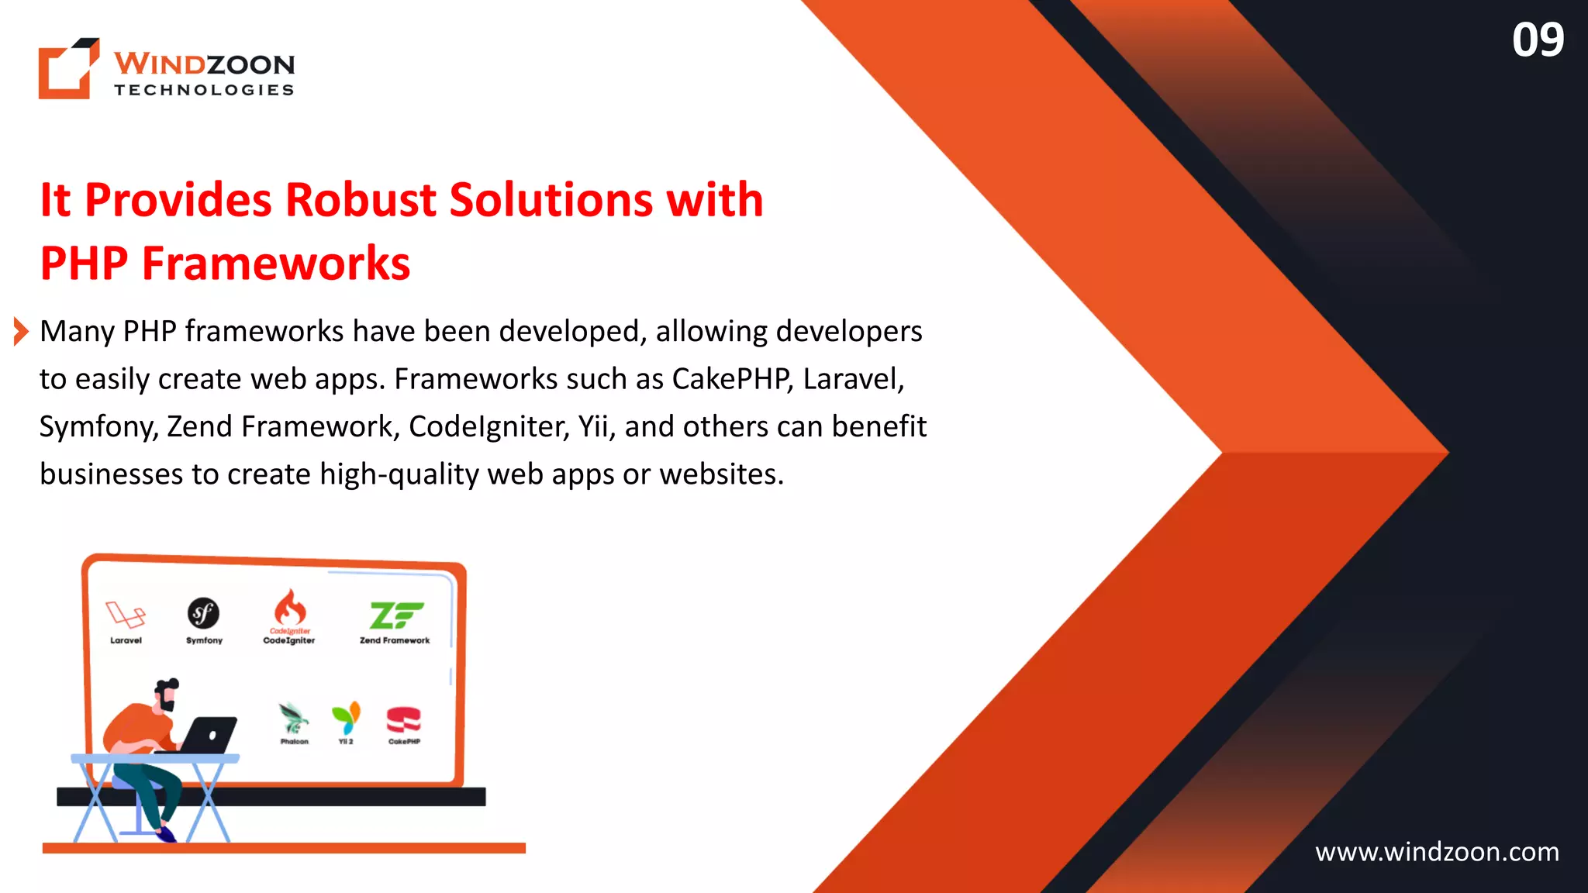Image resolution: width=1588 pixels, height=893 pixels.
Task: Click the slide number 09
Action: point(1538,40)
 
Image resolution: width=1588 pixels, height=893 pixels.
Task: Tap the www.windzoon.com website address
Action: point(1437,852)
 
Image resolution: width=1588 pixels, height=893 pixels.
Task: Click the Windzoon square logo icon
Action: point(69,68)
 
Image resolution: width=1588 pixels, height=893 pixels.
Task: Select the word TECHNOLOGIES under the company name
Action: point(204,90)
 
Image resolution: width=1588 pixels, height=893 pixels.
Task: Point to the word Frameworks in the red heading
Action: point(275,264)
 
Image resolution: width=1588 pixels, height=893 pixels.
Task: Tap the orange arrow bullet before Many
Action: point(21,332)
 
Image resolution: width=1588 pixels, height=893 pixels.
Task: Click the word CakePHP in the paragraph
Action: point(732,379)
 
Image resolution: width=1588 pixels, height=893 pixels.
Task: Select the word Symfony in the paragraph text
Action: point(98,427)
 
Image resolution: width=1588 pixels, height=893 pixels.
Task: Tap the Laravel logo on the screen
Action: point(126,615)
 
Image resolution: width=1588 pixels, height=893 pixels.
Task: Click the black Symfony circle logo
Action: point(204,613)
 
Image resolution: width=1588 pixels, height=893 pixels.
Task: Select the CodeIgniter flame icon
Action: point(290,607)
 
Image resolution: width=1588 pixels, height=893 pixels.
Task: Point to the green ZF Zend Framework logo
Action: point(395,615)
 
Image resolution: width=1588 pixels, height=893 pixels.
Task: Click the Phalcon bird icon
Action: point(294,718)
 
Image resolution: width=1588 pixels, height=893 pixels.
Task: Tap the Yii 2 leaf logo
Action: point(346,718)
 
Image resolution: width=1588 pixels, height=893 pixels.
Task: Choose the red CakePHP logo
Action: point(403,719)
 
